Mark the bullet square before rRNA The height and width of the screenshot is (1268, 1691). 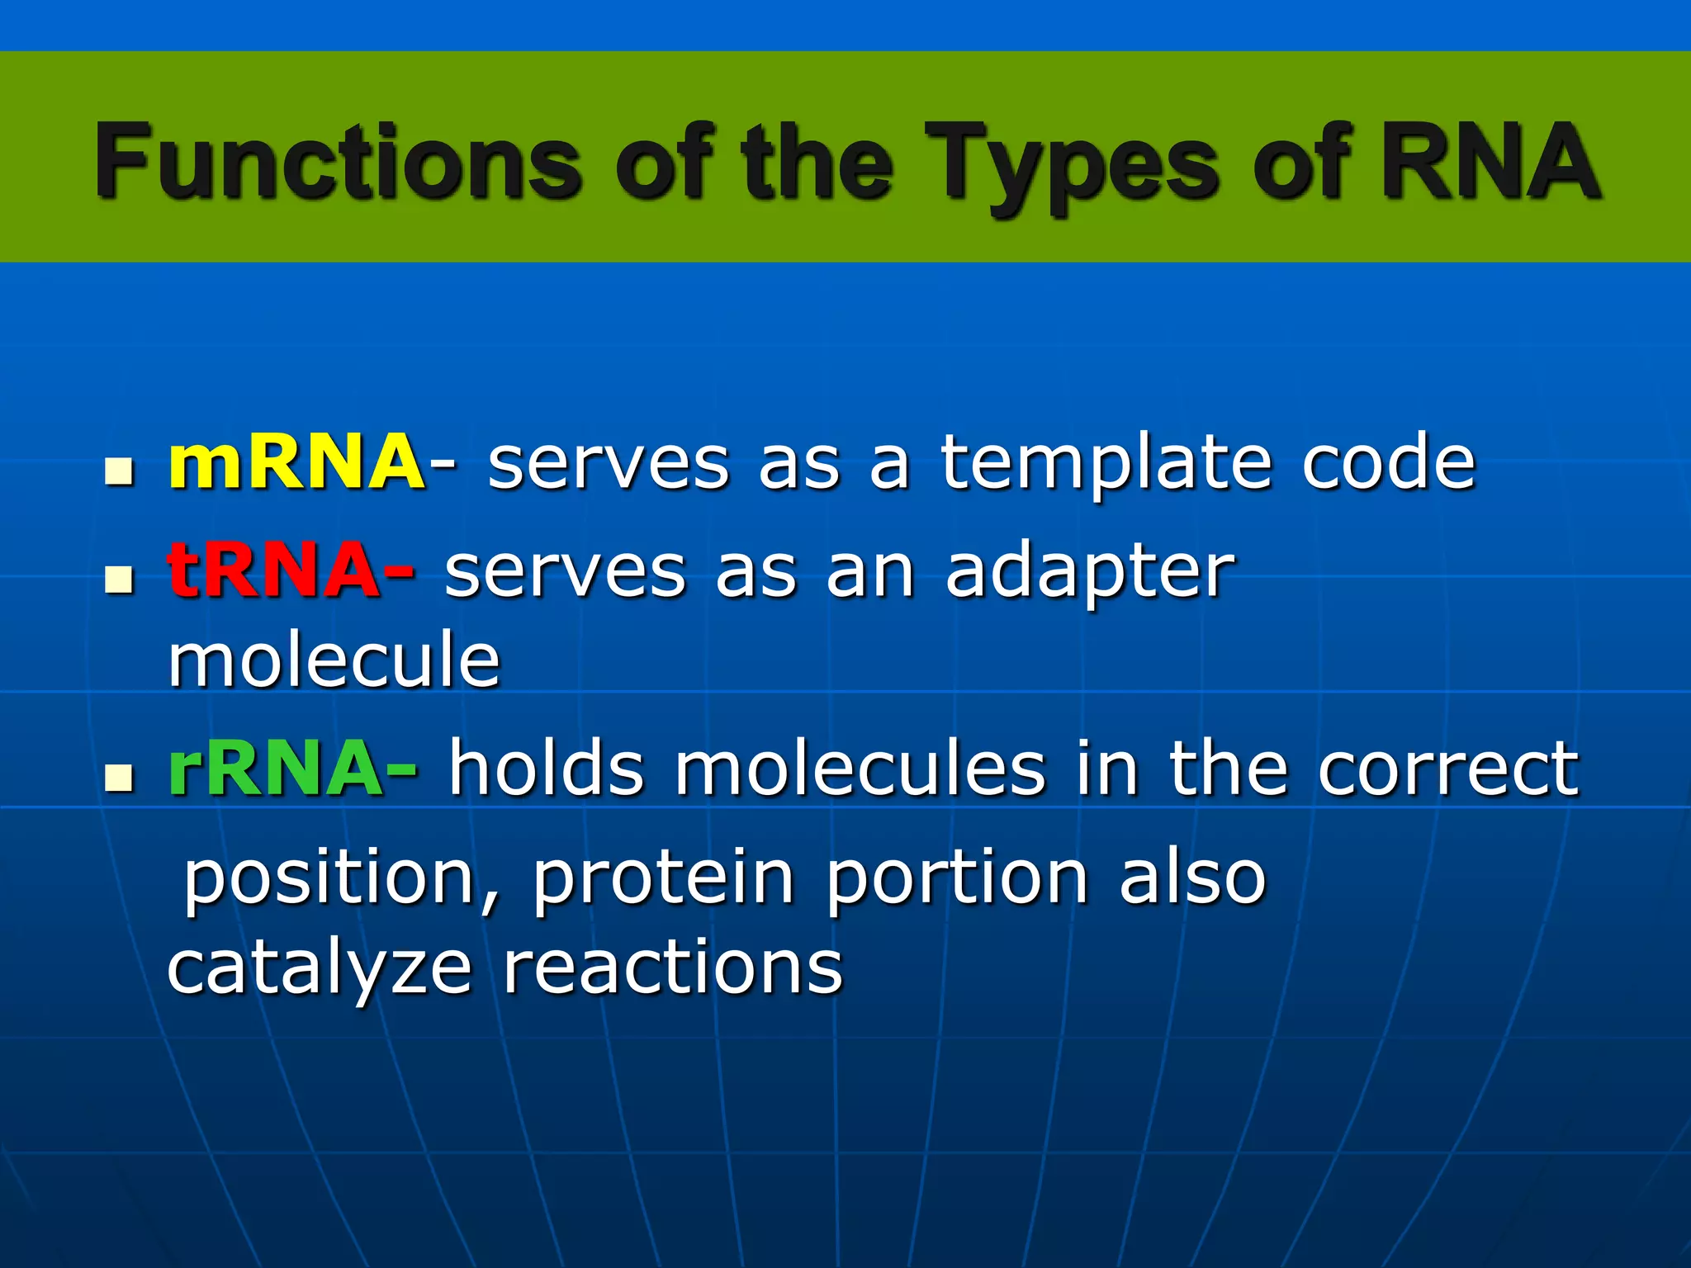coord(120,778)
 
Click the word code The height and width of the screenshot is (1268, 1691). coord(1388,462)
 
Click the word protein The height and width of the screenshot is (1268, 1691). coord(663,879)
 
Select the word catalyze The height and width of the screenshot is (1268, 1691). coord(320,968)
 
